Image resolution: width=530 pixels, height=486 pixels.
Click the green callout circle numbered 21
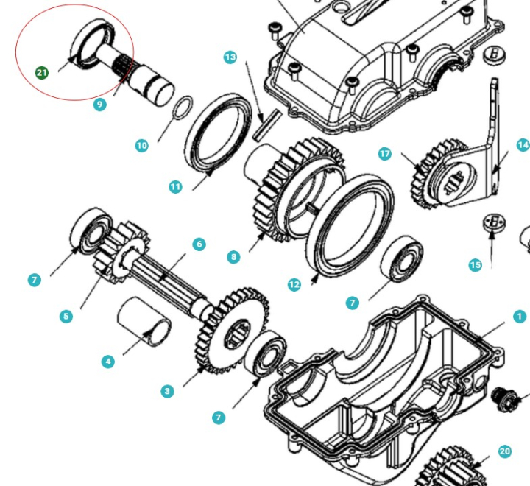[x=41, y=72]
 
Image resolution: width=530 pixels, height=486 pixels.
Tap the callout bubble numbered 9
[x=100, y=105]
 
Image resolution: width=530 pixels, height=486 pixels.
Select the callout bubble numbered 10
[x=141, y=146]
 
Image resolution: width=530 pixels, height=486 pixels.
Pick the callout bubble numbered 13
[x=230, y=57]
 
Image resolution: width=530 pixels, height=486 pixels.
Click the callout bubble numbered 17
[x=384, y=154]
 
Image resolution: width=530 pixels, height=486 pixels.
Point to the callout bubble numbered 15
[x=476, y=264]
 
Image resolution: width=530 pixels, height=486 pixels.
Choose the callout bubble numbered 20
[x=504, y=451]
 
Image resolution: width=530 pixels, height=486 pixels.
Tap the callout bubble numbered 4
[x=108, y=361]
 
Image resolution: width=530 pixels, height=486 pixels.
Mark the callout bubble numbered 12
[x=294, y=284]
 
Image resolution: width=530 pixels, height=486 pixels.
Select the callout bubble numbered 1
[x=520, y=317]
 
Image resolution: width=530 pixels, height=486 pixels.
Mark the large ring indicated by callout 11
[x=217, y=133]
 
